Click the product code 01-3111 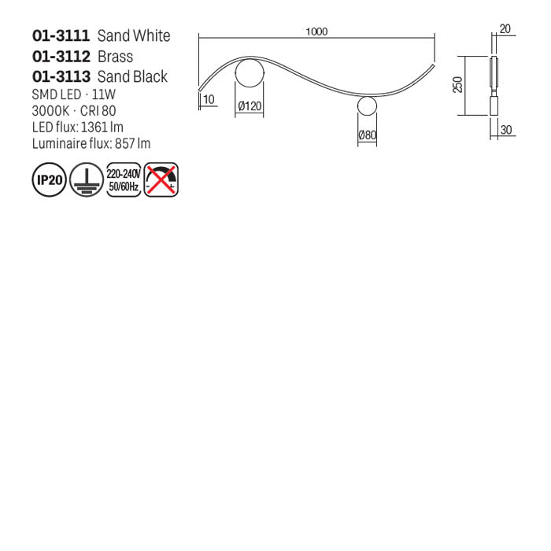(x=61, y=35)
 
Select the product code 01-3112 (x=61, y=57)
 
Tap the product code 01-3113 (x=61, y=77)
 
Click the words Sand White (x=133, y=35)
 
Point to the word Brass (x=115, y=57)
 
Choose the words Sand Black (x=132, y=77)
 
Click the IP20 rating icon (x=48, y=180)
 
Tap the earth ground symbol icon (x=85, y=180)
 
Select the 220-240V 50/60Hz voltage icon (x=123, y=180)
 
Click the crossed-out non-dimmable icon (x=161, y=180)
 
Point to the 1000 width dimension (x=316, y=31)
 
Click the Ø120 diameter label (x=250, y=106)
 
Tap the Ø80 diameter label (x=368, y=135)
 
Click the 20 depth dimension (x=505, y=29)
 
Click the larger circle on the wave (x=250, y=74)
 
